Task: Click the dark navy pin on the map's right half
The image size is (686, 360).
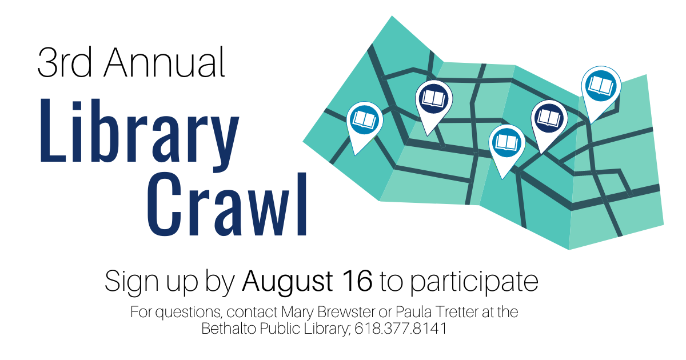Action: click(x=549, y=118)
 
